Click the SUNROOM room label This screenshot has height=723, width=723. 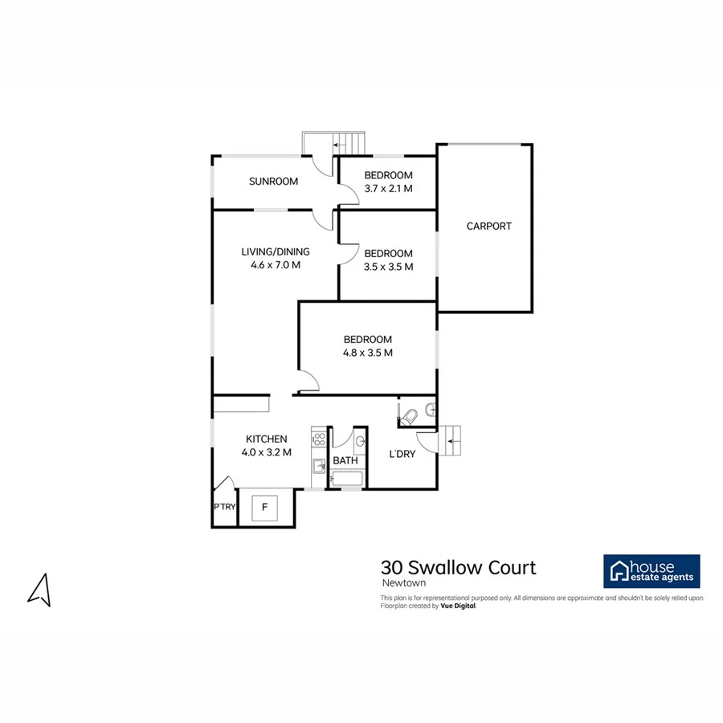(273, 182)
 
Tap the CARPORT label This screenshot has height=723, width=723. (488, 227)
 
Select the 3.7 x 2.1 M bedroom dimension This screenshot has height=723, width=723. (388, 189)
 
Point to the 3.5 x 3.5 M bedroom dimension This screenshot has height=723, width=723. (388, 267)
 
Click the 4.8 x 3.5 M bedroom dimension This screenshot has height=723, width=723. (367, 352)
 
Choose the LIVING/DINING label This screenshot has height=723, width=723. (276, 251)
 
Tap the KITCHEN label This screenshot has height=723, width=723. (266, 439)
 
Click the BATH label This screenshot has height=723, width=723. (345, 460)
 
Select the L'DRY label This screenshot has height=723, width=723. (402, 455)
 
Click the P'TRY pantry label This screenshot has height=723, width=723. (224, 507)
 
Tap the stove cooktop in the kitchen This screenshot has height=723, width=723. (318, 439)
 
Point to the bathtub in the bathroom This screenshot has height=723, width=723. (347, 480)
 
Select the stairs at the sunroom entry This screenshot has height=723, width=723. (349, 144)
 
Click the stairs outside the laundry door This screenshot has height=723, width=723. (453, 440)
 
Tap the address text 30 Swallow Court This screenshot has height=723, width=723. (458, 568)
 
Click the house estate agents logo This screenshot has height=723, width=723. (652, 571)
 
